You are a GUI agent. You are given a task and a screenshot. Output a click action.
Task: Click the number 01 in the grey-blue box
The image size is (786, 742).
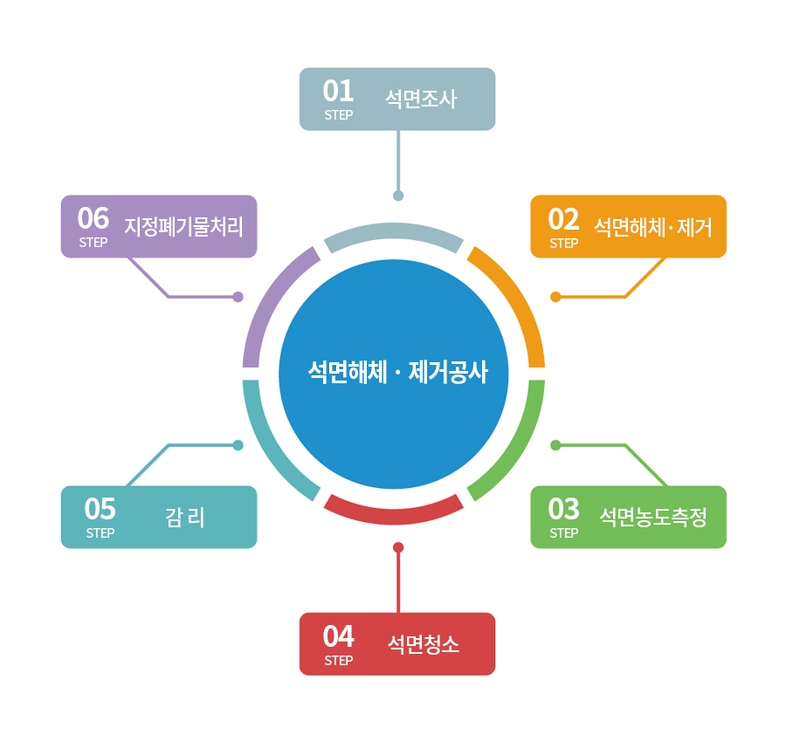coord(338,91)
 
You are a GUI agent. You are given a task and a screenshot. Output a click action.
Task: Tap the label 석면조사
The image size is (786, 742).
coord(421,99)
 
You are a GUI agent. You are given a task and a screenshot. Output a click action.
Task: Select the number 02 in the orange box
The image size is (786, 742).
coord(563,218)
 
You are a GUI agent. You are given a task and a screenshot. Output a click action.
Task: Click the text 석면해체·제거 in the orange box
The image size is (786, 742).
coord(653,228)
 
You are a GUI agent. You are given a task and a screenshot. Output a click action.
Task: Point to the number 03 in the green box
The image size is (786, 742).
coord(563,508)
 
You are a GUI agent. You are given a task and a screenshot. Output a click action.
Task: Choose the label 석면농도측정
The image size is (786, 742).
coord(653,518)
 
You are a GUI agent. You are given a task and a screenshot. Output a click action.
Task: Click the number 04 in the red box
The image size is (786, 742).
coord(338,636)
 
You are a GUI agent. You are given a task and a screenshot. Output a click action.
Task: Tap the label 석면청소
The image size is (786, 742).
coord(424,645)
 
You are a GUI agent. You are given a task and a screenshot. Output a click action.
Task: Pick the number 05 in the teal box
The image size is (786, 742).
coord(100,508)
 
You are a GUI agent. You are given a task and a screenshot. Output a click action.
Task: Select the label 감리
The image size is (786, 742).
coord(184,518)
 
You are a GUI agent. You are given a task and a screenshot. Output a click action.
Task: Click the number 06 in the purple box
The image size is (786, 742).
coord(93,218)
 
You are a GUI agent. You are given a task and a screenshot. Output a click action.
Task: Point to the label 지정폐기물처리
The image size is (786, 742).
coord(183,227)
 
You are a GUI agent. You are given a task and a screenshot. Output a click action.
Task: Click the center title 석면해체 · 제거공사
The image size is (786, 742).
coord(397,374)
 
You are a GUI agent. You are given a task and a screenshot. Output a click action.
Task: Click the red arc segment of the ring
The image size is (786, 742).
coord(394,513)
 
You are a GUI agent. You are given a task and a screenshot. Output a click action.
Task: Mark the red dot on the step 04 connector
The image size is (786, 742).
coord(398,547)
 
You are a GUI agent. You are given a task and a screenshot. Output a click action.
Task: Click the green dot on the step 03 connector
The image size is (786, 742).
coord(555,445)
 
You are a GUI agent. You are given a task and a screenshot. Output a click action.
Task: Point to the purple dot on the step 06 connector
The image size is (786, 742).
coord(238,297)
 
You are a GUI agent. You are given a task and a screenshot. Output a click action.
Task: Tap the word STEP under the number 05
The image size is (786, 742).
coord(100,533)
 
